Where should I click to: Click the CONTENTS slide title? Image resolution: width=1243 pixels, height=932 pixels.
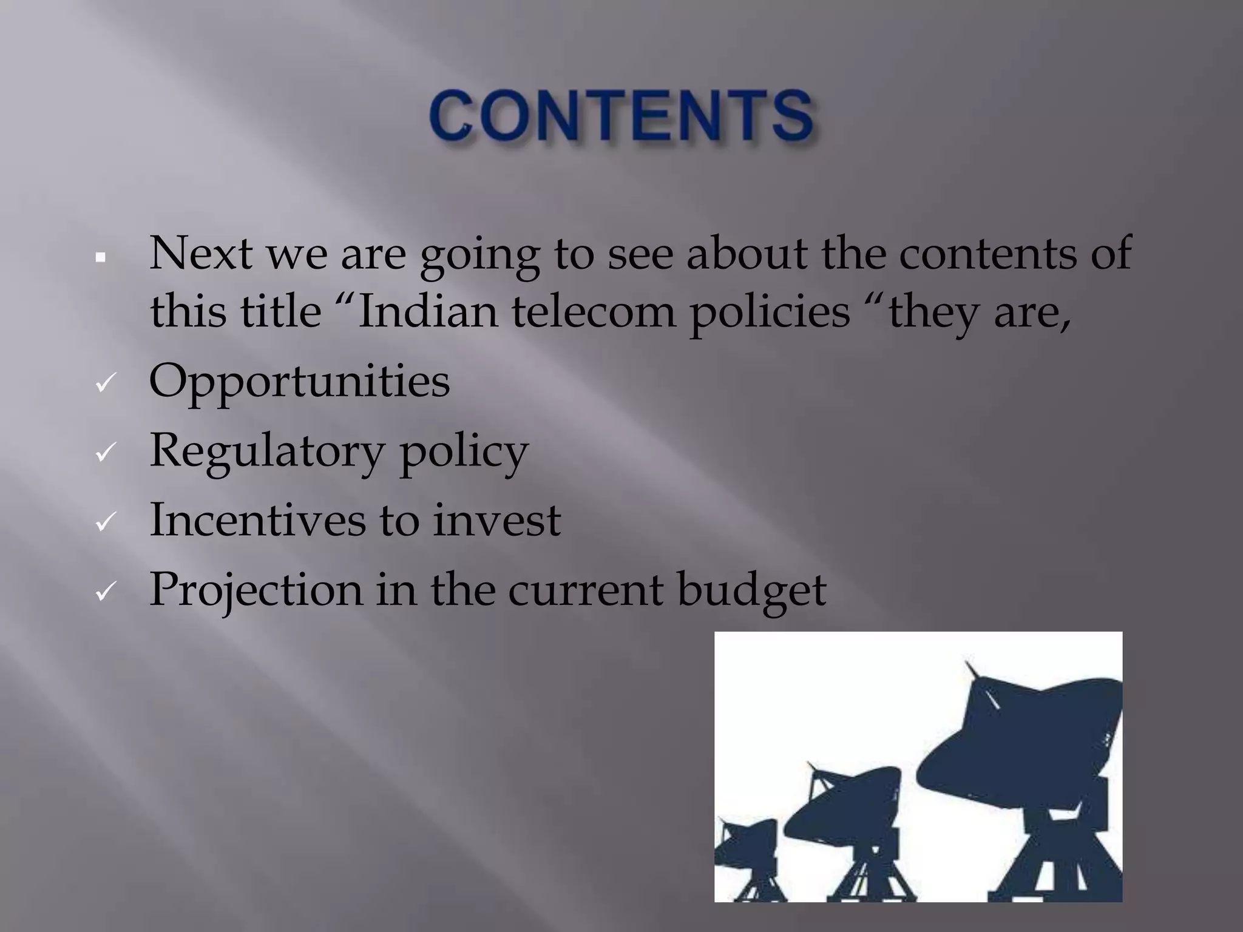[621, 116]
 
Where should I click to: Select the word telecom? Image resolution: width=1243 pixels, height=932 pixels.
[593, 312]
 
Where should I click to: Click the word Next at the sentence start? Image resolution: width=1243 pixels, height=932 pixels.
[200, 252]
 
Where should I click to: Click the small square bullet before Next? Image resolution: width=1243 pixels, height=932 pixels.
[101, 258]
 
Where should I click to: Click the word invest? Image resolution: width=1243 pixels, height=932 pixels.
[496, 520]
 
